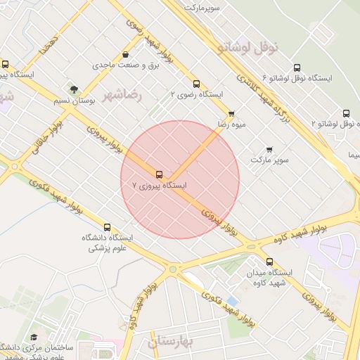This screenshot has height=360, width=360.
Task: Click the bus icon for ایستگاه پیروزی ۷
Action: pos(159,174)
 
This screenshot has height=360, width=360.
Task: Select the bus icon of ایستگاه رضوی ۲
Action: pos(196,83)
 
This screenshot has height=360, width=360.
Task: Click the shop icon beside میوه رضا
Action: pos(231,112)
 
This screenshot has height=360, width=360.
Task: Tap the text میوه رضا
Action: pos(231,124)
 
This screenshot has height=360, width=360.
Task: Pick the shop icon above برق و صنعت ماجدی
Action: pos(125,54)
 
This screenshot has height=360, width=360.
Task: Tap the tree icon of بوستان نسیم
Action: pos(74,89)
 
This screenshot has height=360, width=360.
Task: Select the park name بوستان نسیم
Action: pos(74,101)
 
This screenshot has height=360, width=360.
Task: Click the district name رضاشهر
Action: pos(122,95)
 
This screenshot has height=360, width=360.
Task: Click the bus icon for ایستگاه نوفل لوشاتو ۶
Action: pos(297,67)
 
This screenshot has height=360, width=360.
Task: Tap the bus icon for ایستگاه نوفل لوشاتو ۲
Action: pos(346,113)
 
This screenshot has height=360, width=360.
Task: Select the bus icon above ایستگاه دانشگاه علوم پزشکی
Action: pos(107,227)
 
